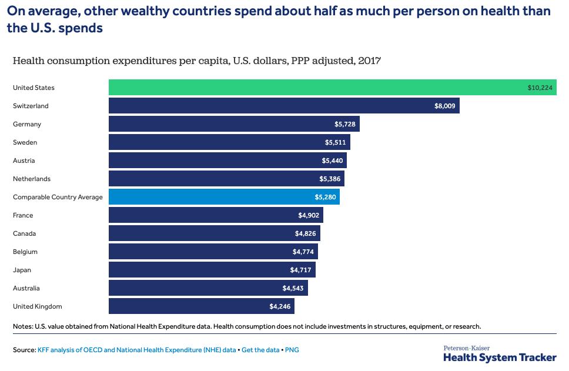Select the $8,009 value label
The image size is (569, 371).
tap(444, 106)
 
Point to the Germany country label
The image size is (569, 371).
tap(27, 124)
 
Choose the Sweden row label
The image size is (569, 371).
tap(25, 142)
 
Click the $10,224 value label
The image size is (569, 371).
tap(540, 88)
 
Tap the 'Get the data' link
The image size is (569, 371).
tap(260, 350)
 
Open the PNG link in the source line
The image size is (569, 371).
tap(292, 350)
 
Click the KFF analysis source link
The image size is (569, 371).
tap(137, 350)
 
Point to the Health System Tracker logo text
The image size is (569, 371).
tap(500, 356)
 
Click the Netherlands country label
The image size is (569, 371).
tap(32, 179)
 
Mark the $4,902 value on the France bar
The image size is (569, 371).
tap(308, 215)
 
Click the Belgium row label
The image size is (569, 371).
tap(25, 252)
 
